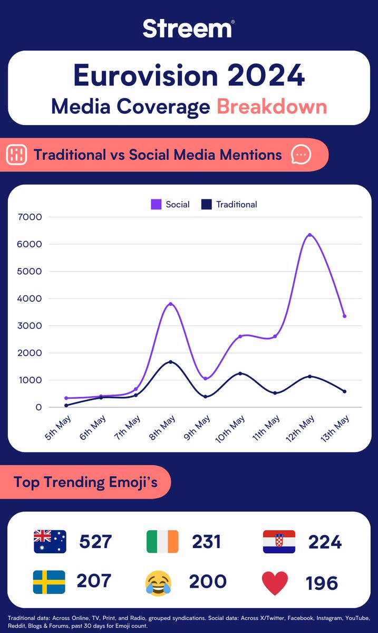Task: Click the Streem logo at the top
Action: point(188,28)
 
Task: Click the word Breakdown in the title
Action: point(272,107)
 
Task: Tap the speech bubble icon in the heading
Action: point(301,155)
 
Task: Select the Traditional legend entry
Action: point(230,205)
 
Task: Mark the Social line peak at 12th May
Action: point(310,235)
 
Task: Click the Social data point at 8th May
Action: point(171,304)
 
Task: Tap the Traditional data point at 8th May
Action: point(171,362)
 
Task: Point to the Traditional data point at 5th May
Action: point(66,405)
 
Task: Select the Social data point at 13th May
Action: point(344,316)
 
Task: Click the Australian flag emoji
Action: point(50,542)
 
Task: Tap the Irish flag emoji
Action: point(162,542)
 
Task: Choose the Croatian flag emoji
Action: point(279,542)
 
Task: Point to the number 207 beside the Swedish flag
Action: point(94,581)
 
